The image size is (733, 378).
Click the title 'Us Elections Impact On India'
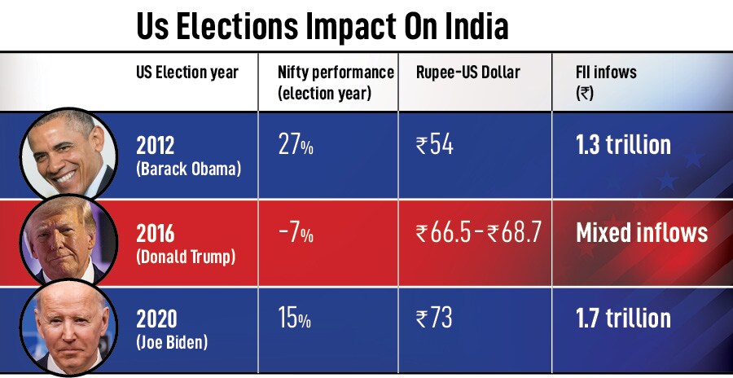(x=322, y=26)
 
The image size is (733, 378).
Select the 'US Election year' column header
(x=187, y=73)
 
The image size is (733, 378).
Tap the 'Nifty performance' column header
(x=336, y=82)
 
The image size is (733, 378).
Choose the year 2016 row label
(x=156, y=233)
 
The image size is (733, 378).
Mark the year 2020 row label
(x=156, y=318)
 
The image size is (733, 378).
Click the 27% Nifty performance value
(x=296, y=146)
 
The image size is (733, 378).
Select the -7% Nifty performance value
(x=296, y=234)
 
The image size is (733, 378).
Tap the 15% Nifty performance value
(x=295, y=319)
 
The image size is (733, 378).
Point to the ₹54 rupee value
(x=434, y=146)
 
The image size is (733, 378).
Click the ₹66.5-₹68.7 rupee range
(x=478, y=234)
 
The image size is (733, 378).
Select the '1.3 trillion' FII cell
(x=623, y=145)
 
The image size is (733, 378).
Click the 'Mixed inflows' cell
(x=642, y=233)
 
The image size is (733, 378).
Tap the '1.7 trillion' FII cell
(x=623, y=318)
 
